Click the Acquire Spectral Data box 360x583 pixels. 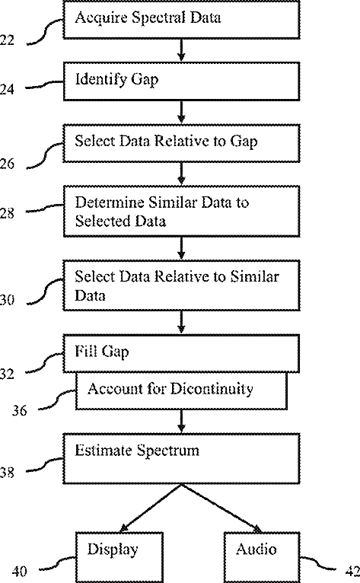pyautogui.click(x=181, y=19)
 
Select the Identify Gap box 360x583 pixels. pyautogui.click(x=181, y=81)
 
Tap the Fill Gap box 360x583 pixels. pyautogui.click(x=181, y=354)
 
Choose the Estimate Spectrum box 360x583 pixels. pyautogui.click(x=181, y=458)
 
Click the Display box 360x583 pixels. pyautogui.click(x=119, y=557)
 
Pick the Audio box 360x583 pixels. pyautogui.click(x=262, y=557)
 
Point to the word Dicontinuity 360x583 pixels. pyautogui.click(x=212, y=389)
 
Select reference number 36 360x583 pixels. pyautogui.click(x=19, y=410)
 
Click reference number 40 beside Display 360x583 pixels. pyautogui.click(x=19, y=571)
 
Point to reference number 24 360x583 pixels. pyautogui.click(x=7, y=89)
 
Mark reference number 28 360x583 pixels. pyautogui.click(x=7, y=213)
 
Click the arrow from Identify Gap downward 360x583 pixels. pyautogui.click(x=181, y=112)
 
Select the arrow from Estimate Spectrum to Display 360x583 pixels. pyautogui.click(x=151, y=508)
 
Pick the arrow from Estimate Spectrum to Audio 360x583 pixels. pyautogui.click(x=221, y=508)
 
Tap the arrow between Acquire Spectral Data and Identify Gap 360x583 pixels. pyautogui.click(x=181, y=49)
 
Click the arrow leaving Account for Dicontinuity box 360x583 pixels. pyautogui.click(x=181, y=421)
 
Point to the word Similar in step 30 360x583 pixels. pyautogui.click(x=254, y=276)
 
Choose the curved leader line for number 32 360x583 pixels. pyautogui.click(x=45, y=362)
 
